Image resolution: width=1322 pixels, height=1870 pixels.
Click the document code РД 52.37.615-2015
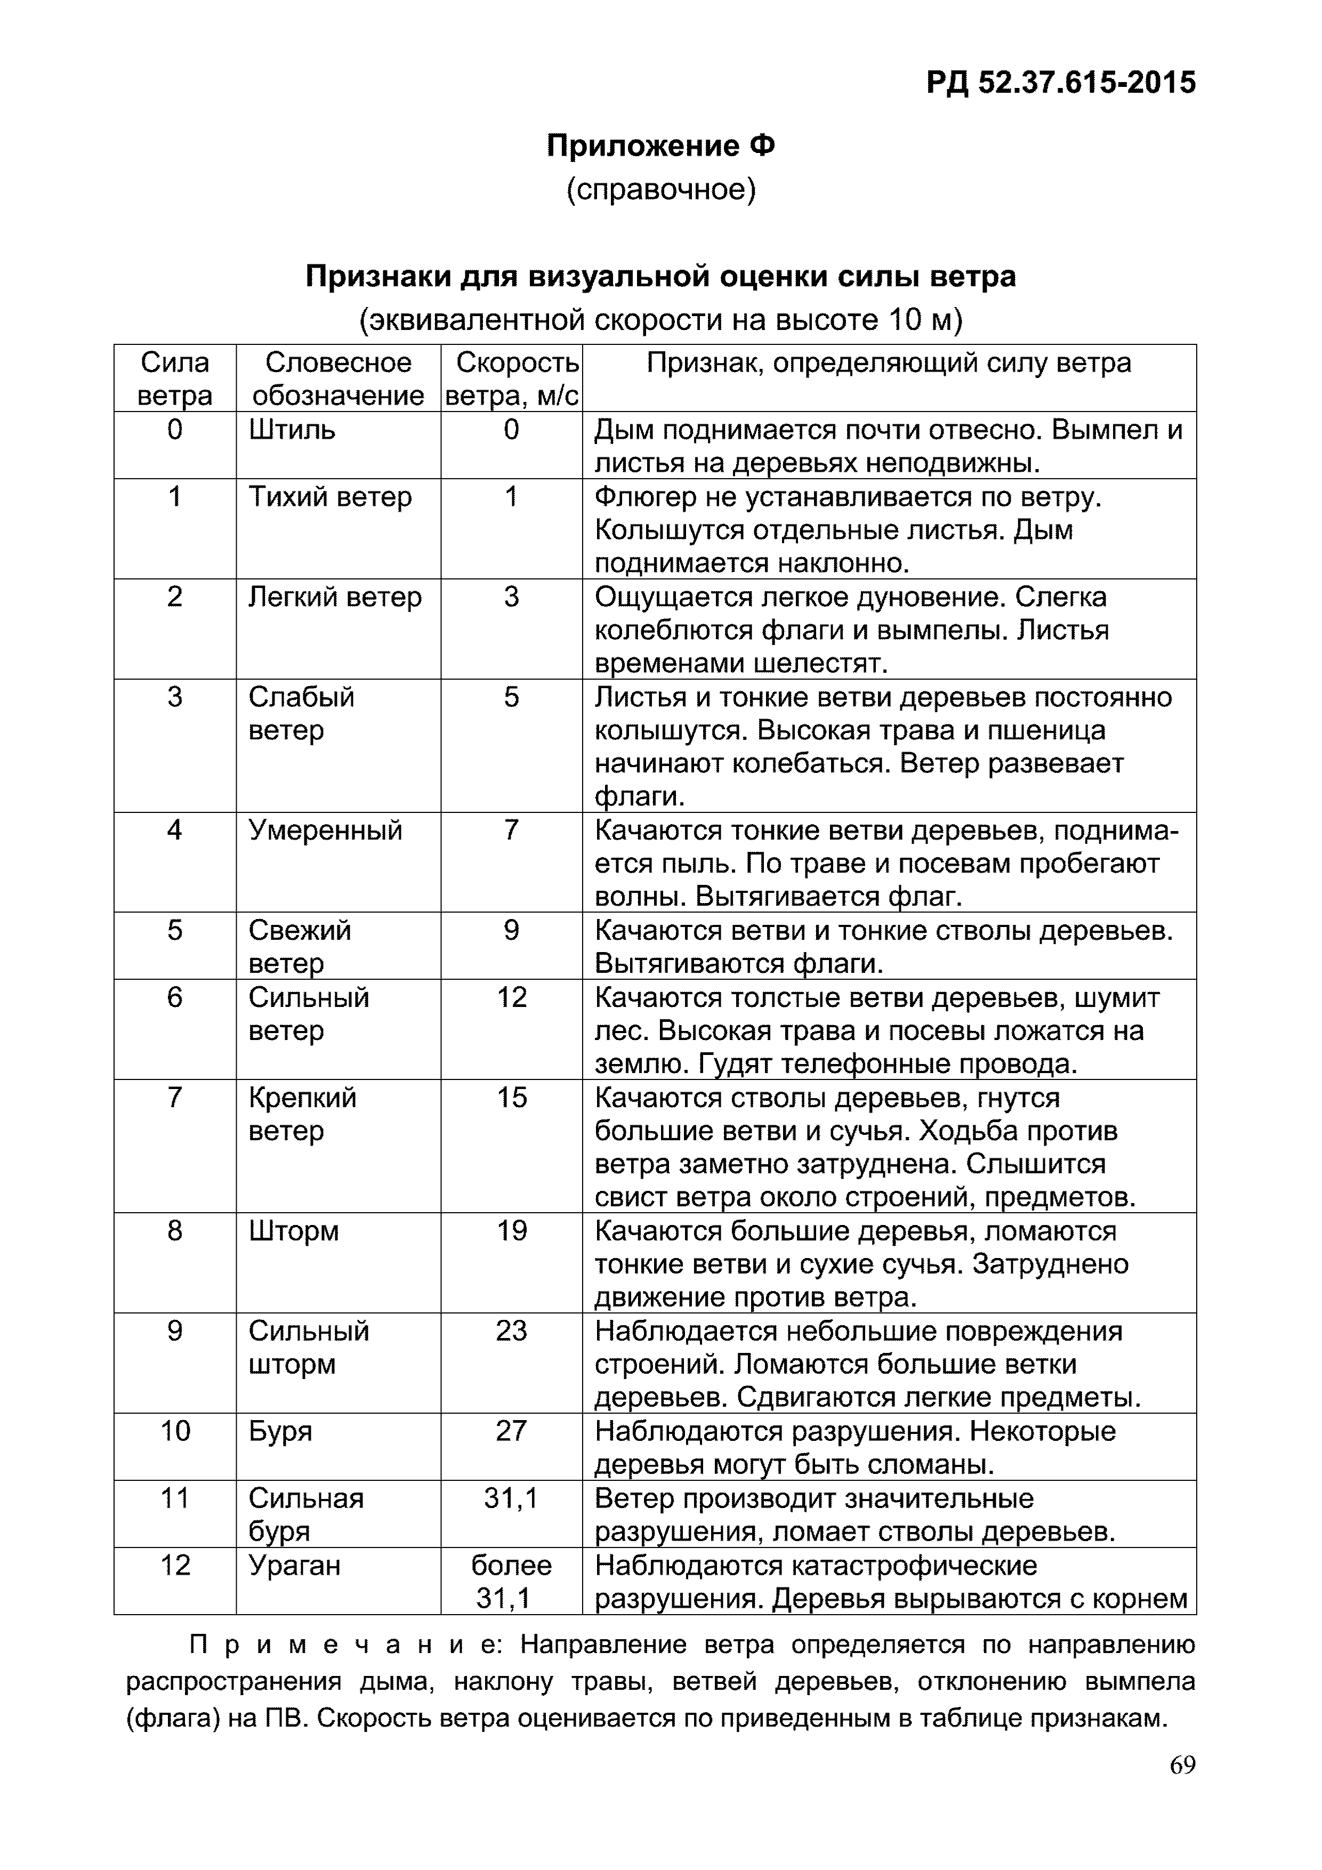(x=1061, y=82)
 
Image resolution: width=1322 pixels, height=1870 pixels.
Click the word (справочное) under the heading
(x=660, y=190)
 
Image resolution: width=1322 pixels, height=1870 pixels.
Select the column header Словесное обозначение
(x=338, y=378)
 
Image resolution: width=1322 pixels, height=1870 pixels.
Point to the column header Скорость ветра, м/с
(x=512, y=378)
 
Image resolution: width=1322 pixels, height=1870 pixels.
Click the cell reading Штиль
(x=292, y=429)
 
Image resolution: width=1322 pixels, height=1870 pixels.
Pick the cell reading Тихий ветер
(x=330, y=497)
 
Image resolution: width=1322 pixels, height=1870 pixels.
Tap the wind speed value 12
(x=512, y=997)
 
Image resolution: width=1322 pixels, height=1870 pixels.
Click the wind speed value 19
(x=512, y=1231)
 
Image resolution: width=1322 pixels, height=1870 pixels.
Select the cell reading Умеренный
(x=325, y=830)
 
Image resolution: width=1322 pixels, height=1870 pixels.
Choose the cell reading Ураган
(x=294, y=1566)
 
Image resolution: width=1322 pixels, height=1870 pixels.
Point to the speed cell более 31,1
(x=512, y=1582)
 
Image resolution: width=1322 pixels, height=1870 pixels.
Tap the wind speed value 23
(x=512, y=1331)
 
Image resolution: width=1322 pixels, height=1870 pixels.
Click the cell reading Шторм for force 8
(x=293, y=1231)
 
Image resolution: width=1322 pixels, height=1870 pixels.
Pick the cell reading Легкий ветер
(x=335, y=597)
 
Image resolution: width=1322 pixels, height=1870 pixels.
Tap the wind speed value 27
(x=512, y=1431)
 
